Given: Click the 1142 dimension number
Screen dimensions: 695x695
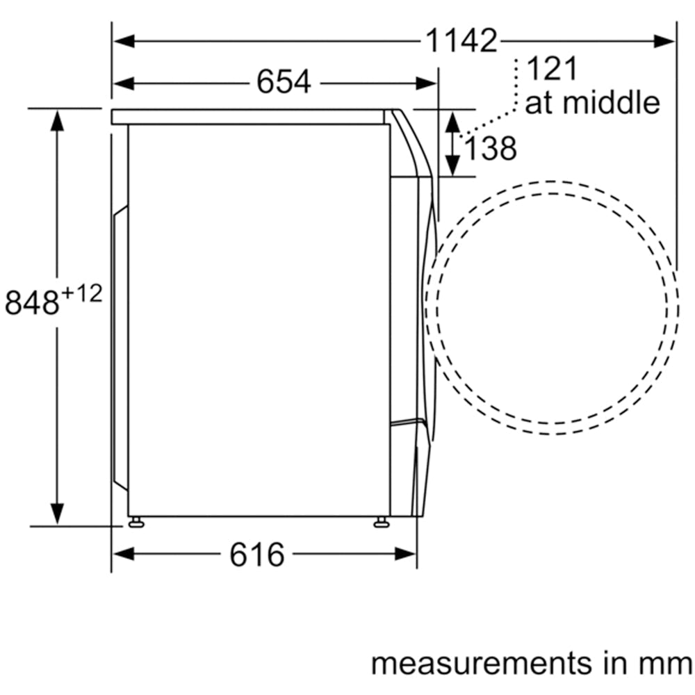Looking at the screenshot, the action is [x=461, y=41].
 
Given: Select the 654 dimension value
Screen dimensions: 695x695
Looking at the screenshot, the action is [x=284, y=82].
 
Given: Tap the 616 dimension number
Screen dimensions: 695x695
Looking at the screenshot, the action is [x=257, y=555].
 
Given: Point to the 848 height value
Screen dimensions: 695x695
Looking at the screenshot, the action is [x=32, y=302].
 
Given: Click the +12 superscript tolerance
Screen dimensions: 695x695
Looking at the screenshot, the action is [x=83, y=293].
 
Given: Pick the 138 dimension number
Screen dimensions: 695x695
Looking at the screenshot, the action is [x=490, y=148].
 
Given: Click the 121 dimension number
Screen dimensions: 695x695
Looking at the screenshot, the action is [x=553, y=68].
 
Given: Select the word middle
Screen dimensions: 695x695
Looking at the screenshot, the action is [x=612, y=102].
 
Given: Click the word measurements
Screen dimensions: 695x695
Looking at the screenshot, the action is [x=482, y=664].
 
